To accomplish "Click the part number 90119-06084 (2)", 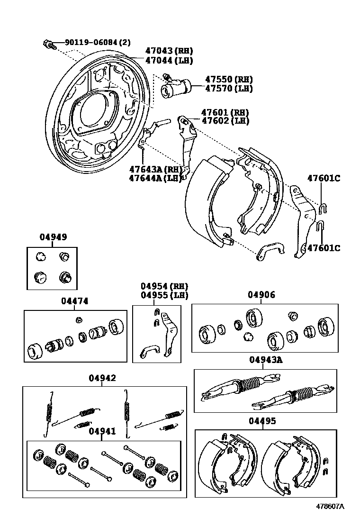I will tap(97, 43).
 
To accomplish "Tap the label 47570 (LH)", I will tap(229, 89).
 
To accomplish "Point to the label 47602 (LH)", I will tap(225, 121).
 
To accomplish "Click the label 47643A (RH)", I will tap(155, 169).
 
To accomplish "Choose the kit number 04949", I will tap(53, 237).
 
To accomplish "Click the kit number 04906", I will tap(261, 295).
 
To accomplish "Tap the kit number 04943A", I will tap(266, 360).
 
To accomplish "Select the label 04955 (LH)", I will tap(164, 295).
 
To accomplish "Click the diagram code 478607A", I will tap(330, 506).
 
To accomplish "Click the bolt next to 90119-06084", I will tap(48, 45).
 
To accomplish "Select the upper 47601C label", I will tap(324, 179).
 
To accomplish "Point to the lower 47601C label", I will tap(324, 248).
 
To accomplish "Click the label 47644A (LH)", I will tap(155, 178).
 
